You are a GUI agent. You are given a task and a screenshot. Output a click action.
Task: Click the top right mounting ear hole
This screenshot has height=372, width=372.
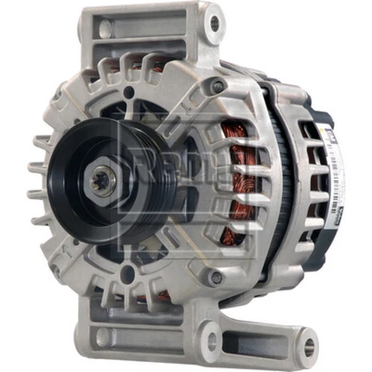click(215, 23)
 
